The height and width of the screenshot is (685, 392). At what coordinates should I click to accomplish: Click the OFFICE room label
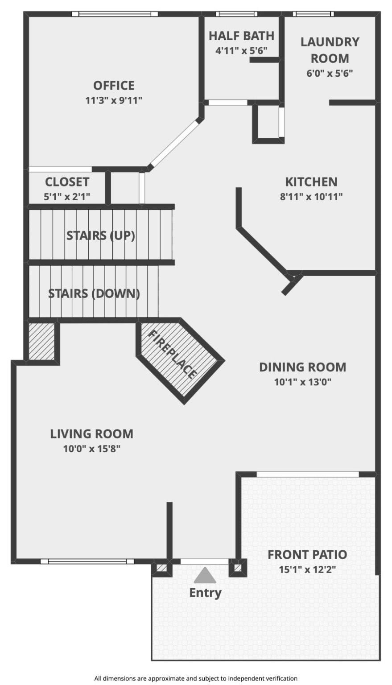(x=114, y=85)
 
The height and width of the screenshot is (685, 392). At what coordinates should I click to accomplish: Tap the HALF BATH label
(x=242, y=36)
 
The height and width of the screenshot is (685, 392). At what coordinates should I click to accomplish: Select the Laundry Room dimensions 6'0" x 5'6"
(x=330, y=74)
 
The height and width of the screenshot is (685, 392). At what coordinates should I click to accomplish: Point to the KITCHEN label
(x=311, y=182)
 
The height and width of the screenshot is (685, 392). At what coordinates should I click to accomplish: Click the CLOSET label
(x=67, y=182)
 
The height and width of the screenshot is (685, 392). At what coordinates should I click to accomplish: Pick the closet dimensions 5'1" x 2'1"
(x=67, y=197)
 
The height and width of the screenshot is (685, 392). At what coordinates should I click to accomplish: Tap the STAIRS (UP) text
(x=101, y=235)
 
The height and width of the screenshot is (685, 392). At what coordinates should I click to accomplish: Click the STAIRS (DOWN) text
(x=94, y=293)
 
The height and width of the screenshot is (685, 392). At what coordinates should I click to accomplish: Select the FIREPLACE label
(x=172, y=355)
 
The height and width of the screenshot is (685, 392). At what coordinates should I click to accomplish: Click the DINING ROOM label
(x=303, y=367)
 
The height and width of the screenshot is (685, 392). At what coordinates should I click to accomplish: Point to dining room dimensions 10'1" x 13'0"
(x=303, y=382)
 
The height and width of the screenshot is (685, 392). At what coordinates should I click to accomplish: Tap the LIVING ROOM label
(x=92, y=434)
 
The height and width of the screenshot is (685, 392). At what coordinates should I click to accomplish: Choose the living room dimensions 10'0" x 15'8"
(x=92, y=449)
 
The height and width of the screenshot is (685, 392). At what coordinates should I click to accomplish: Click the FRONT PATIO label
(x=307, y=554)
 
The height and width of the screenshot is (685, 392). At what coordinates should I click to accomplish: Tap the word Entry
(x=205, y=593)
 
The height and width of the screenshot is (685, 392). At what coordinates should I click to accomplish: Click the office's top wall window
(x=115, y=14)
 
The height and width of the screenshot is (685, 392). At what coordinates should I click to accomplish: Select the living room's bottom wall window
(x=87, y=561)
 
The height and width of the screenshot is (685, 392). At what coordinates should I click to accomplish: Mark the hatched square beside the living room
(x=41, y=342)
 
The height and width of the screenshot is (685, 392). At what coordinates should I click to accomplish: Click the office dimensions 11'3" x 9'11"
(x=114, y=100)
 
